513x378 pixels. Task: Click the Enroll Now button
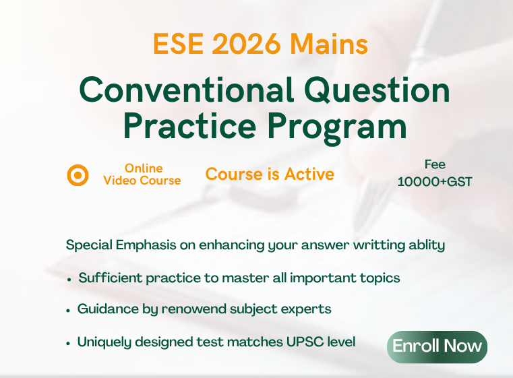tap(437, 346)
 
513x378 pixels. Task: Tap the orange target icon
tap(78, 175)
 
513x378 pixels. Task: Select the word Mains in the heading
tap(330, 45)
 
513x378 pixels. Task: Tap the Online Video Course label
tap(142, 175)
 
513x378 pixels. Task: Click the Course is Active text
tap(270, 175)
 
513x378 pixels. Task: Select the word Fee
tap(435, 164)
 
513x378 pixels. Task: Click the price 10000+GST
tap(435, 181)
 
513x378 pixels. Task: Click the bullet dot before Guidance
tap(69, 311)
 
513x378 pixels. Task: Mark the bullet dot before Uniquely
tap(69, 343)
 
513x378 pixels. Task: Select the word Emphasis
tap(143, 245)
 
